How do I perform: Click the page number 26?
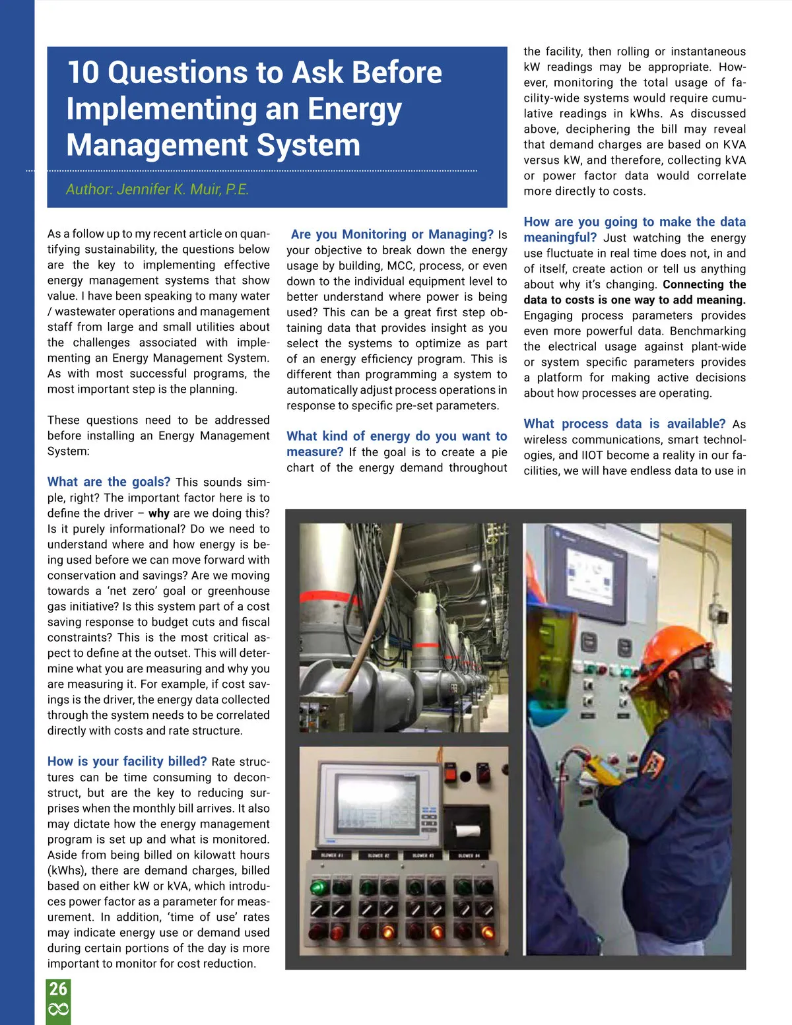pyautogui.click(x=58, y=989)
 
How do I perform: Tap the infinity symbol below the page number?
pyautogui.click(x=58, y=1010)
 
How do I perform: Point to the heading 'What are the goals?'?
pyautogui.click(x=109, y=482)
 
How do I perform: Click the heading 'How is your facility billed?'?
pyautogui.click(x=127, y=761)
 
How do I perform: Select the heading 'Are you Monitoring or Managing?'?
pyautogui.click(x=391, y=234)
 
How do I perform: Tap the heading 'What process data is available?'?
pyautogui.click(x=624, y=424)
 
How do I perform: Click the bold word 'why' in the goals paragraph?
pyautogui.click(x=158, y=513)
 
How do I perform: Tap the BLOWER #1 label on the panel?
pyautogui.click(x=331, y=855)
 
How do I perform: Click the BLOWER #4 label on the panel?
pyautogui.click(x=468, y=855)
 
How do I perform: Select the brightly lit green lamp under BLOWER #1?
pyautogui.click(x=319, y=886)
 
